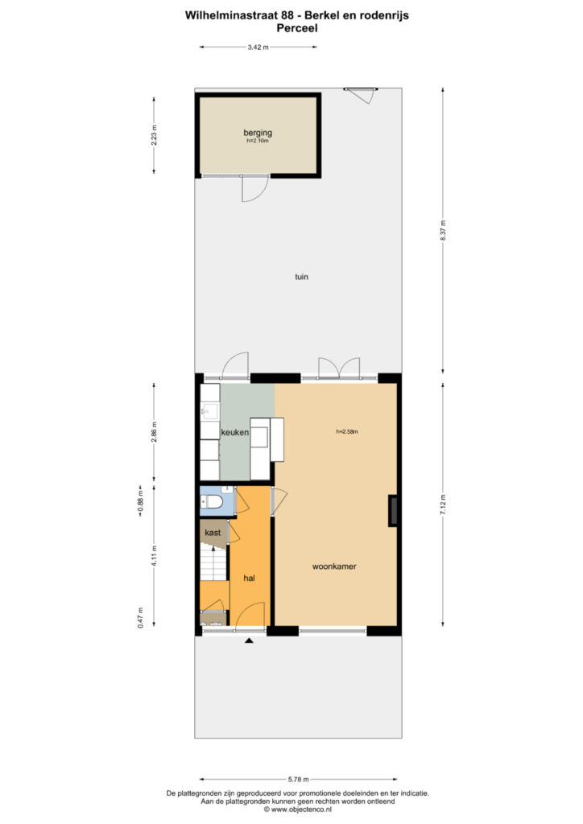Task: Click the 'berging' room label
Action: pos(258,133)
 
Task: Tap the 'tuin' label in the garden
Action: pos(300,277)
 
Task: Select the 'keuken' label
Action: pos(234,433)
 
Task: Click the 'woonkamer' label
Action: pos(334,566)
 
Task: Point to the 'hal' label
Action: pos(249,578)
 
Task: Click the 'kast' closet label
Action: pos(213,533)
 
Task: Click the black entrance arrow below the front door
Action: pos(250,641)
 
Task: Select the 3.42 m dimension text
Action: pos(258,47)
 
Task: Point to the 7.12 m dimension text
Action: pos(443,504)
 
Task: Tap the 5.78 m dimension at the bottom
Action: pos(296,779)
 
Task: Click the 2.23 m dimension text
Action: pos(155,133)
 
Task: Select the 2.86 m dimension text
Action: pos(155,433)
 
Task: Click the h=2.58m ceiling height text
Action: pos(346,432)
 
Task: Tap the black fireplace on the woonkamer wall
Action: pos(393,511)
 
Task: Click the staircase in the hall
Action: pos(214,563)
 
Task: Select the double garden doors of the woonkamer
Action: pos(339,368)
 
